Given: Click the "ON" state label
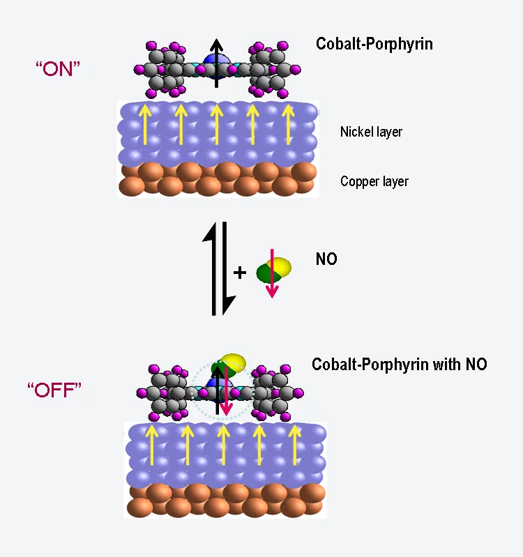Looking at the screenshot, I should (59, 68).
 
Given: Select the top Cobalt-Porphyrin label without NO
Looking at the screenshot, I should (374, 44).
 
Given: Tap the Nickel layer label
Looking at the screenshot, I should (371, 132).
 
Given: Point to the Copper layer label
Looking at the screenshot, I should (374, 182).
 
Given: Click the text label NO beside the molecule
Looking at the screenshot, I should (326, 259).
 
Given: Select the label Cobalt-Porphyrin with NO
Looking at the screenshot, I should (399, 364).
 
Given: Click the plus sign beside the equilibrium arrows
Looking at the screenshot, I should (239, 272).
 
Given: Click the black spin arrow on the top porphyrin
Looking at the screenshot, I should (216, 63).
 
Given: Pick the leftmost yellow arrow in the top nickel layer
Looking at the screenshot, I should (145, 123).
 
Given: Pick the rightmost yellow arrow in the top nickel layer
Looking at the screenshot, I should (287, 123).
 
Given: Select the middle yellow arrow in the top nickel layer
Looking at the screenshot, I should (216, 123).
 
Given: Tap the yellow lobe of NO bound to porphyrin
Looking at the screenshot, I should (235, 362).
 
